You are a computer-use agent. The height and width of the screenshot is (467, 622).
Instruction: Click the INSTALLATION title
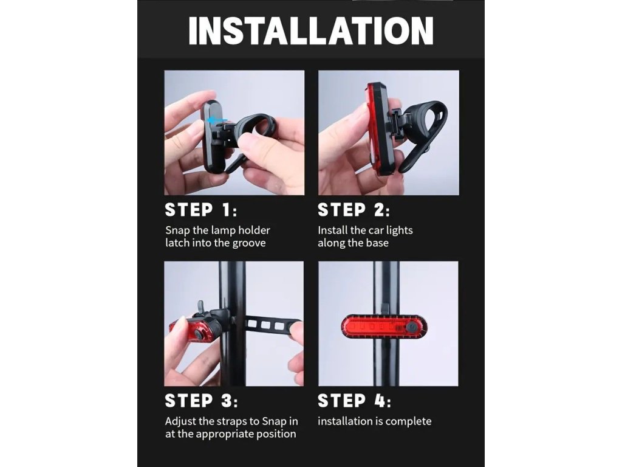[311, 31]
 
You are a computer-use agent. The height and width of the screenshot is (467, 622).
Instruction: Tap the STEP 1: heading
[200, 210]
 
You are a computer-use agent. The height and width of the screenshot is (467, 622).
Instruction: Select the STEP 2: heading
[354, 210]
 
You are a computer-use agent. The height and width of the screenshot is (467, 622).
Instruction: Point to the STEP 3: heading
[201, 401]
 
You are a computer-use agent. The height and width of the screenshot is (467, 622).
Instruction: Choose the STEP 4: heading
[354, 401]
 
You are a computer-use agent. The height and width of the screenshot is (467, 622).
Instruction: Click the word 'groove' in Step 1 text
[248, 243]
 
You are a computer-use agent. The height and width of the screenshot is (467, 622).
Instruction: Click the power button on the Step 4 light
[410, 327]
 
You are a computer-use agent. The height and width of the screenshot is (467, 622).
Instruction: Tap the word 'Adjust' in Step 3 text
[180, 422]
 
